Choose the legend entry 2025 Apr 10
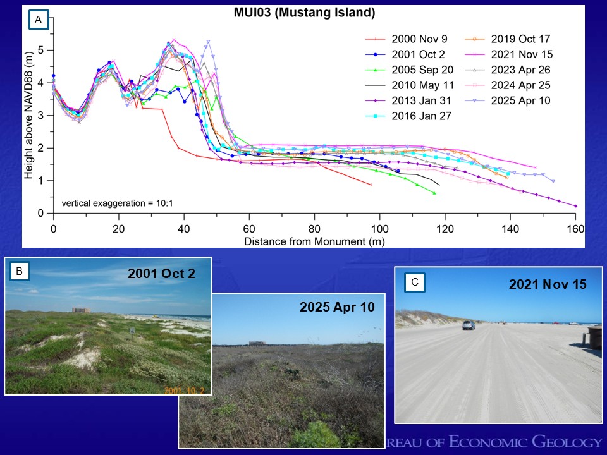point(519,100)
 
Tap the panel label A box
point(39,21)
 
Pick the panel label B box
point(20,272)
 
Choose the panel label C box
point(414,282)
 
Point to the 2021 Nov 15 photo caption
point(548,284)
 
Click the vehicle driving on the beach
point(468,325)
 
